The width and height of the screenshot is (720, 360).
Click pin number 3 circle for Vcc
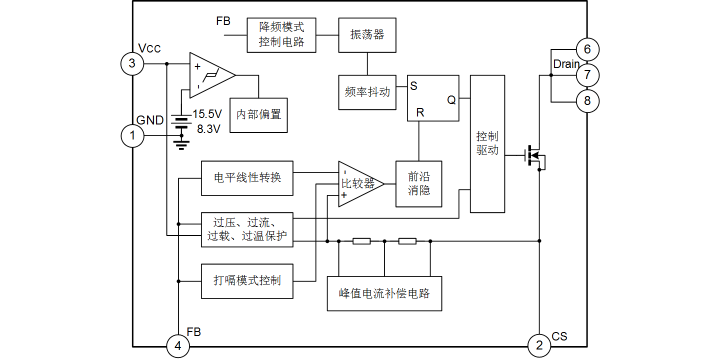coord(132,63)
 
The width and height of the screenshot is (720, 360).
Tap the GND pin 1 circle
coord(132,135)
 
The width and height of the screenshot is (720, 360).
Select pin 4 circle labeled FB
coord(178,346)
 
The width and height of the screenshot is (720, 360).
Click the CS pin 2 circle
coord(539,345)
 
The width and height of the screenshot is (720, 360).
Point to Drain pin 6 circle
coord(587,49)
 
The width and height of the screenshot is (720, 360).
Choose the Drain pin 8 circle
coord(587,101)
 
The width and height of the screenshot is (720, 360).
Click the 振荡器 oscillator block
coord(367,35)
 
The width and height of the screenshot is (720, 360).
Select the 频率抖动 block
coord(367,92)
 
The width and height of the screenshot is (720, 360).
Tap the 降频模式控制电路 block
coord(281,35)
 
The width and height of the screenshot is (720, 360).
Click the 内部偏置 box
coord(258,114)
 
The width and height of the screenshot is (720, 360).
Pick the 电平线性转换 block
coord(247,178)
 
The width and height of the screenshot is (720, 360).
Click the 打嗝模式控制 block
coord(247,281)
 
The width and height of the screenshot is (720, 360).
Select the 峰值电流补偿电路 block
coord(384,293)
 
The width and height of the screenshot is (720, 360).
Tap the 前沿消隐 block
coord(418,184)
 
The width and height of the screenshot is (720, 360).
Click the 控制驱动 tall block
coord(487,144)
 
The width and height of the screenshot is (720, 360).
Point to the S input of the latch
coord(413,85)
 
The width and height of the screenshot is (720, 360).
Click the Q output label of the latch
coord(451,100)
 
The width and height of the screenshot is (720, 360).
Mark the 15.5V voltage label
coord(207,114)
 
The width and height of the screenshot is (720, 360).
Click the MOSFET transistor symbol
coord(534,156)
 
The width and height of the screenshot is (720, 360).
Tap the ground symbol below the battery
coord(181,145)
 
